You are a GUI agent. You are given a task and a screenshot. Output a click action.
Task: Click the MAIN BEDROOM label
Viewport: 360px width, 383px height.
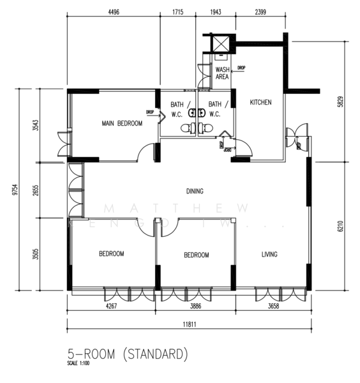point(122,123)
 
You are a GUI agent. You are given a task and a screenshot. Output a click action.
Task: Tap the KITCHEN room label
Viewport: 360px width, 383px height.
point(260,102)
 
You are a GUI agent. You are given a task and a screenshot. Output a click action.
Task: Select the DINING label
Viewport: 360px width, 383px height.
point(195,191)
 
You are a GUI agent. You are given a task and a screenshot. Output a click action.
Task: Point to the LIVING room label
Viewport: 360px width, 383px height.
point(269,255)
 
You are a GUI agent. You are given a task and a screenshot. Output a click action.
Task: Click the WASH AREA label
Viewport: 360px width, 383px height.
point(222,73)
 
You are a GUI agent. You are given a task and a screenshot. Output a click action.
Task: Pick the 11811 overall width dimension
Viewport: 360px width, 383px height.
point(188,324)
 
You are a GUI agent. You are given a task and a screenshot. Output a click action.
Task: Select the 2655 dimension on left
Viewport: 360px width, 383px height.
point(36,191)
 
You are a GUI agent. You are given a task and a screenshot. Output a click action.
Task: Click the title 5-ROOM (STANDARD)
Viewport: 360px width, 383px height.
point(128,353)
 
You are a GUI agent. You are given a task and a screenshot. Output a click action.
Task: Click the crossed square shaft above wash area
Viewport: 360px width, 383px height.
point(220,43)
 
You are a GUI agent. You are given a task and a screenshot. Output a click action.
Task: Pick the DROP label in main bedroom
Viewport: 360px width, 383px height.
point(150,112)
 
